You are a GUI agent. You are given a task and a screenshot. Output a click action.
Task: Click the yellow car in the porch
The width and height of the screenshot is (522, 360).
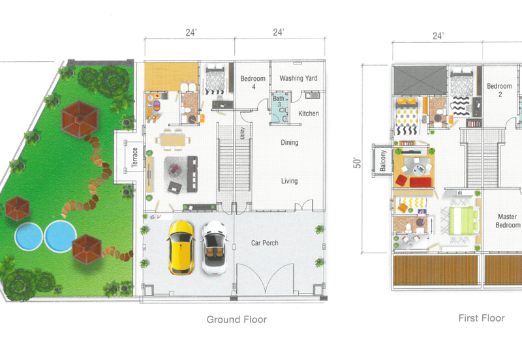[181, 248]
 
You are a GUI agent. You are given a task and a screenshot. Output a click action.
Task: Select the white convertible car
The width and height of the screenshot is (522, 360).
[215, 248]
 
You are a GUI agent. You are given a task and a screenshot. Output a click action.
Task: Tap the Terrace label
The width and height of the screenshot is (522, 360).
[135, 157]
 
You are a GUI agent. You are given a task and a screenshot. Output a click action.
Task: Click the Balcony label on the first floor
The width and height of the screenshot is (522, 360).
[383, 160]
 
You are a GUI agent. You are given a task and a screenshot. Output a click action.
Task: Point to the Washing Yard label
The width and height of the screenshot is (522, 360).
[298, 78]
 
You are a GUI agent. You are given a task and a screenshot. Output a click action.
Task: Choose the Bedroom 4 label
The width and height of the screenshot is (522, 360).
[253, 83]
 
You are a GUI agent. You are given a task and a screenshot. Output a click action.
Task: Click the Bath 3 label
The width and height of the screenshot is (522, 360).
[279, 101]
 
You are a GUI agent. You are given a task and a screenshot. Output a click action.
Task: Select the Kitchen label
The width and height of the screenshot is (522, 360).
[309, 113]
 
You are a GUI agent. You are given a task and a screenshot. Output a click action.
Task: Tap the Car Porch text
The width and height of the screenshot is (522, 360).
[265, 243]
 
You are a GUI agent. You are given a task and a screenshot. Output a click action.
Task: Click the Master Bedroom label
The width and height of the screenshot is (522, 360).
[508, 221]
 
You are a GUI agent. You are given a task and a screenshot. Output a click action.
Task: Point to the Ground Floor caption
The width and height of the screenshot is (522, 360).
[237, 320]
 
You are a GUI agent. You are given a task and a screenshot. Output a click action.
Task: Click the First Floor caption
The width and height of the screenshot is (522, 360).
[482, 318]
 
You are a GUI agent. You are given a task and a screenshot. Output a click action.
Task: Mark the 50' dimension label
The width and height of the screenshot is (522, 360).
[357, 162]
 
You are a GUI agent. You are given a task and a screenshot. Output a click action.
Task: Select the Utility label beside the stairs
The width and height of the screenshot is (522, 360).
[242, 133]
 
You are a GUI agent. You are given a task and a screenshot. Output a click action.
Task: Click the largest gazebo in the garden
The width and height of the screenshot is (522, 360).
[80, 119]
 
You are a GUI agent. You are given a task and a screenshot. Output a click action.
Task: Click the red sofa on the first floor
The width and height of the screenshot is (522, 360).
[420, 183]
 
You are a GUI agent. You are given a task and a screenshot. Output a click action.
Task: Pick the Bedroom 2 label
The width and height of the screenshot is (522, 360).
[500, 90]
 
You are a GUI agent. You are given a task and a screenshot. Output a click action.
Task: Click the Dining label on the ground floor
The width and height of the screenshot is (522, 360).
[289, 143]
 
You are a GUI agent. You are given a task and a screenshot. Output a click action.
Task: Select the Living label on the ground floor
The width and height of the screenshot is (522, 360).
[289, 181]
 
